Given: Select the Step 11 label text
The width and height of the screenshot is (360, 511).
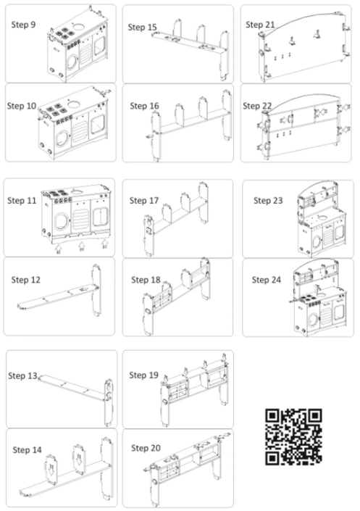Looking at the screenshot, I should (x=22, y=199).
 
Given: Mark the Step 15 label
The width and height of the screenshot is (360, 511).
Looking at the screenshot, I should (x=143, y=27).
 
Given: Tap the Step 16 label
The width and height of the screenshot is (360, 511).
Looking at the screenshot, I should (x=145, y=106).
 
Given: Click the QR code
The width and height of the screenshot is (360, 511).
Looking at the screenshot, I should (x=294, y=436).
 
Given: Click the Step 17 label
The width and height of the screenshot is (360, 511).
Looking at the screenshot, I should (x=145, y=200).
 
